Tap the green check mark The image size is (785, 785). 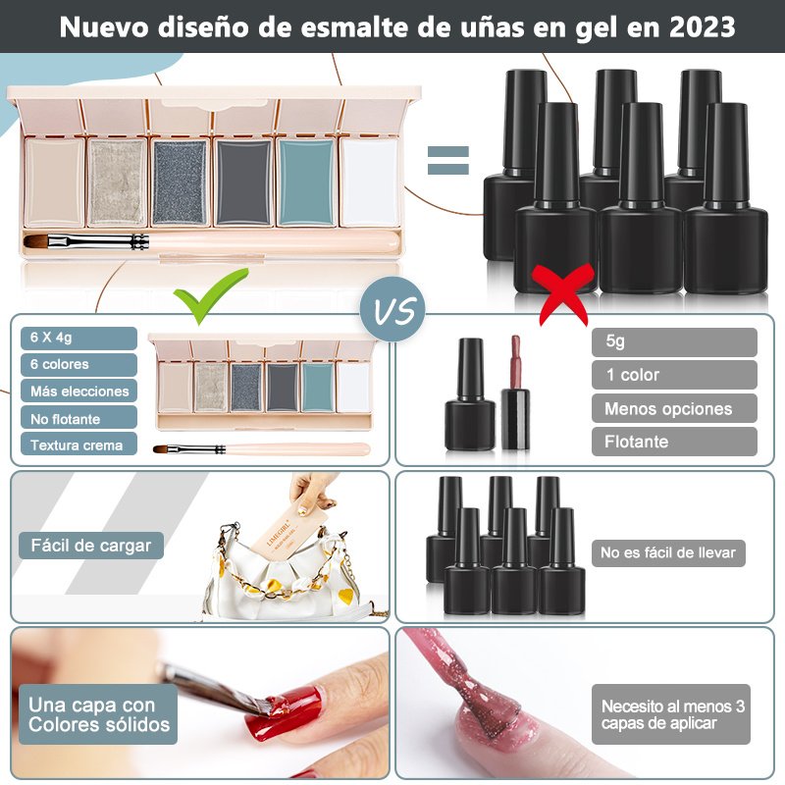[x=210, y=296]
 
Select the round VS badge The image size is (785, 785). [x=393, y=309]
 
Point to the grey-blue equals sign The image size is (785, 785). [x=448, y=160]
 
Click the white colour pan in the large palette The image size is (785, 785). [x=370, y=183]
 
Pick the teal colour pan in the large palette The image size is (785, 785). [x=306, y=183]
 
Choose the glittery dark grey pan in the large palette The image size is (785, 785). [x=180, y=183]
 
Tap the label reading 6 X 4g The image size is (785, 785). [x=78, y=338]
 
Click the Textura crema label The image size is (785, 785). [x=78, y=445]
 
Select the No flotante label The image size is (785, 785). [x=78, y=418]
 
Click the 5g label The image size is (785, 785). [x=674, y=341]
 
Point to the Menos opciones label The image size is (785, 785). [x=674, y=408]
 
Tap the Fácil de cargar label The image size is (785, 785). [x=91, y=546]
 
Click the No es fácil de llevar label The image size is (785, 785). [x=668, y=552]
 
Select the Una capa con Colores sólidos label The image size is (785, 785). [x=98, y=714]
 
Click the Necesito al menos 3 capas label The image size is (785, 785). [x=671, y=714]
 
